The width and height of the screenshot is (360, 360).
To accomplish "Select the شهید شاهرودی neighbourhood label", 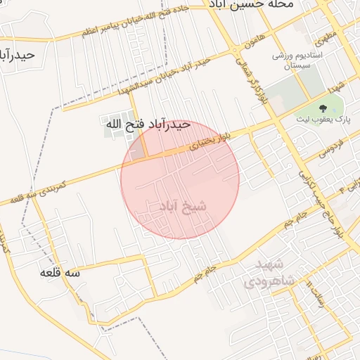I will [x=266, y=272].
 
